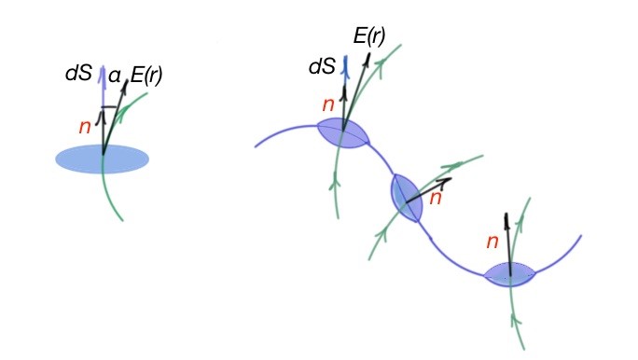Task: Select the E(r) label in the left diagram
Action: pyautogui.click(x=146, y=76)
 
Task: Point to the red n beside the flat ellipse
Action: pyautogui.click(x=84, y=127)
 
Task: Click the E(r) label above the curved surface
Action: pyautogui.click(x=369, y=37)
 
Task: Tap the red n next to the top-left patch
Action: pyautogui.click(x=326, y=106)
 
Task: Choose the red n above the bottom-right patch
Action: pyautogui.click(x=494, y=243)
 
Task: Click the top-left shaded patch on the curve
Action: pyautogui.click(x=343, y=133)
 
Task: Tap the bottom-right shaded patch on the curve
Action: pyautogui.click(x=509, y=274)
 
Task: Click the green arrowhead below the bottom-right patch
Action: pyautogui.click(x=513, y=319)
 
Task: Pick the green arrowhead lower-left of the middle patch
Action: pyautogui.click(x=381, y=228)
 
